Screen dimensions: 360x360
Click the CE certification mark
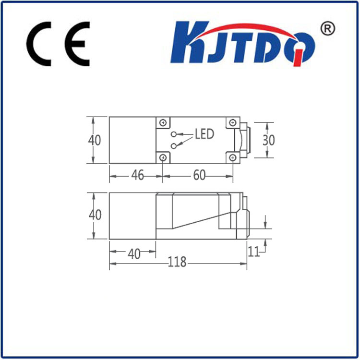coord(58,44)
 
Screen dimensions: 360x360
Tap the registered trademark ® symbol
coord(328,29)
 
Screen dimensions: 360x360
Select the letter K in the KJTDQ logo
coord(189,42)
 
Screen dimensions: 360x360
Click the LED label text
coord(204,134)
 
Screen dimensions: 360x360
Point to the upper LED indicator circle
coord(174,134)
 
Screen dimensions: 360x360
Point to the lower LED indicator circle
coord(174,146)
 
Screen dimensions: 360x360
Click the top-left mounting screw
coord(163,123)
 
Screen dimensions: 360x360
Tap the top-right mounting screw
coord(233,122)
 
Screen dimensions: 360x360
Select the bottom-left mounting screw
coord(163,158)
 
